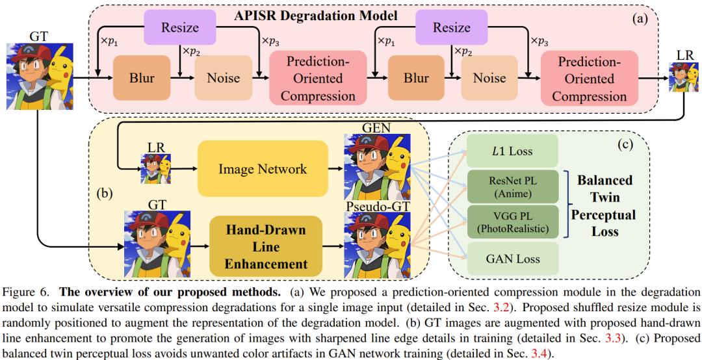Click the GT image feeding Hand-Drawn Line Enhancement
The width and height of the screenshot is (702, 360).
(157, 243)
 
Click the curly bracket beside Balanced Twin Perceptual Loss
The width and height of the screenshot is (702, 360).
(568, 206)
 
